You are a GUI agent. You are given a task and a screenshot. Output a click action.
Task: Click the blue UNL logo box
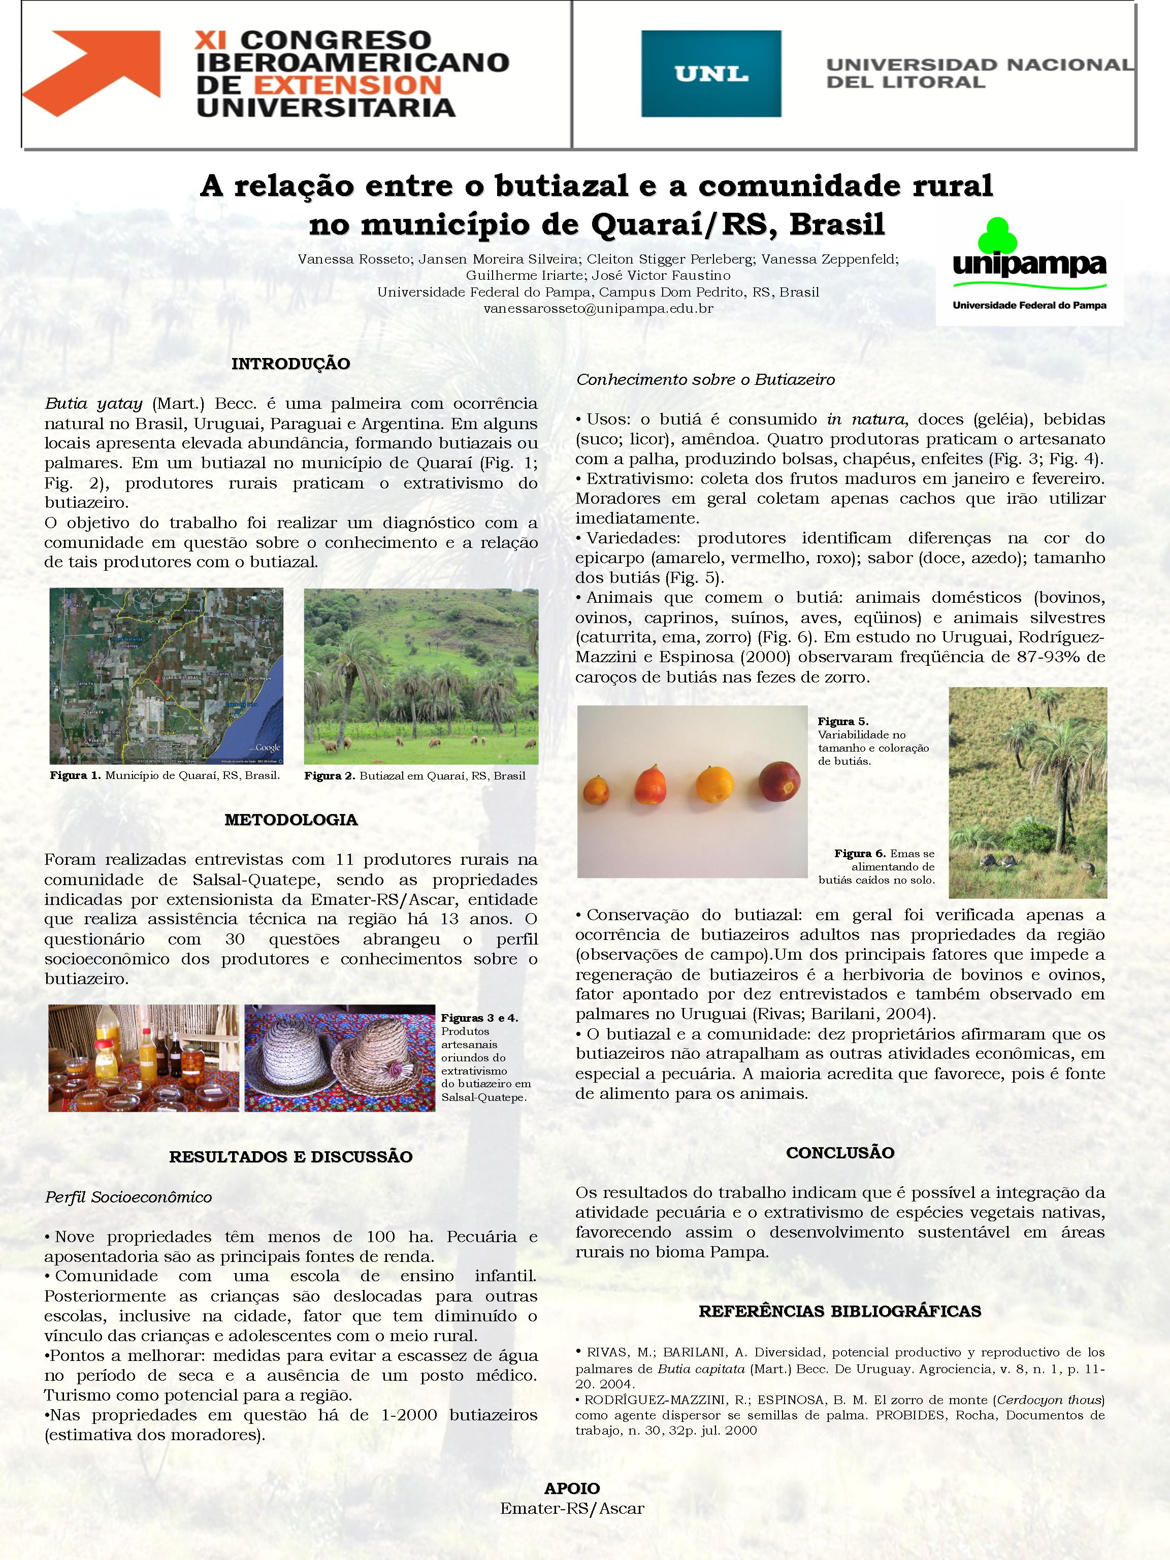tap(710, 73)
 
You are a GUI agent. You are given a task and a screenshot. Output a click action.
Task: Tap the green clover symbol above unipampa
tap(996, 234)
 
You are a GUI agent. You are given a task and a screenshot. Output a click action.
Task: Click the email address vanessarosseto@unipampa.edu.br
tap(598, 308)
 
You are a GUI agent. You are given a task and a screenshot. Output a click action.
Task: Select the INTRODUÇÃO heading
tap(290, 364)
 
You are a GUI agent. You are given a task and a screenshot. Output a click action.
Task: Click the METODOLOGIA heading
tap(290, 820)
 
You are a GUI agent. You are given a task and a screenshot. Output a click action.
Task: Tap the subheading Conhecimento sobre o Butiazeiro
tap(705, 379)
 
